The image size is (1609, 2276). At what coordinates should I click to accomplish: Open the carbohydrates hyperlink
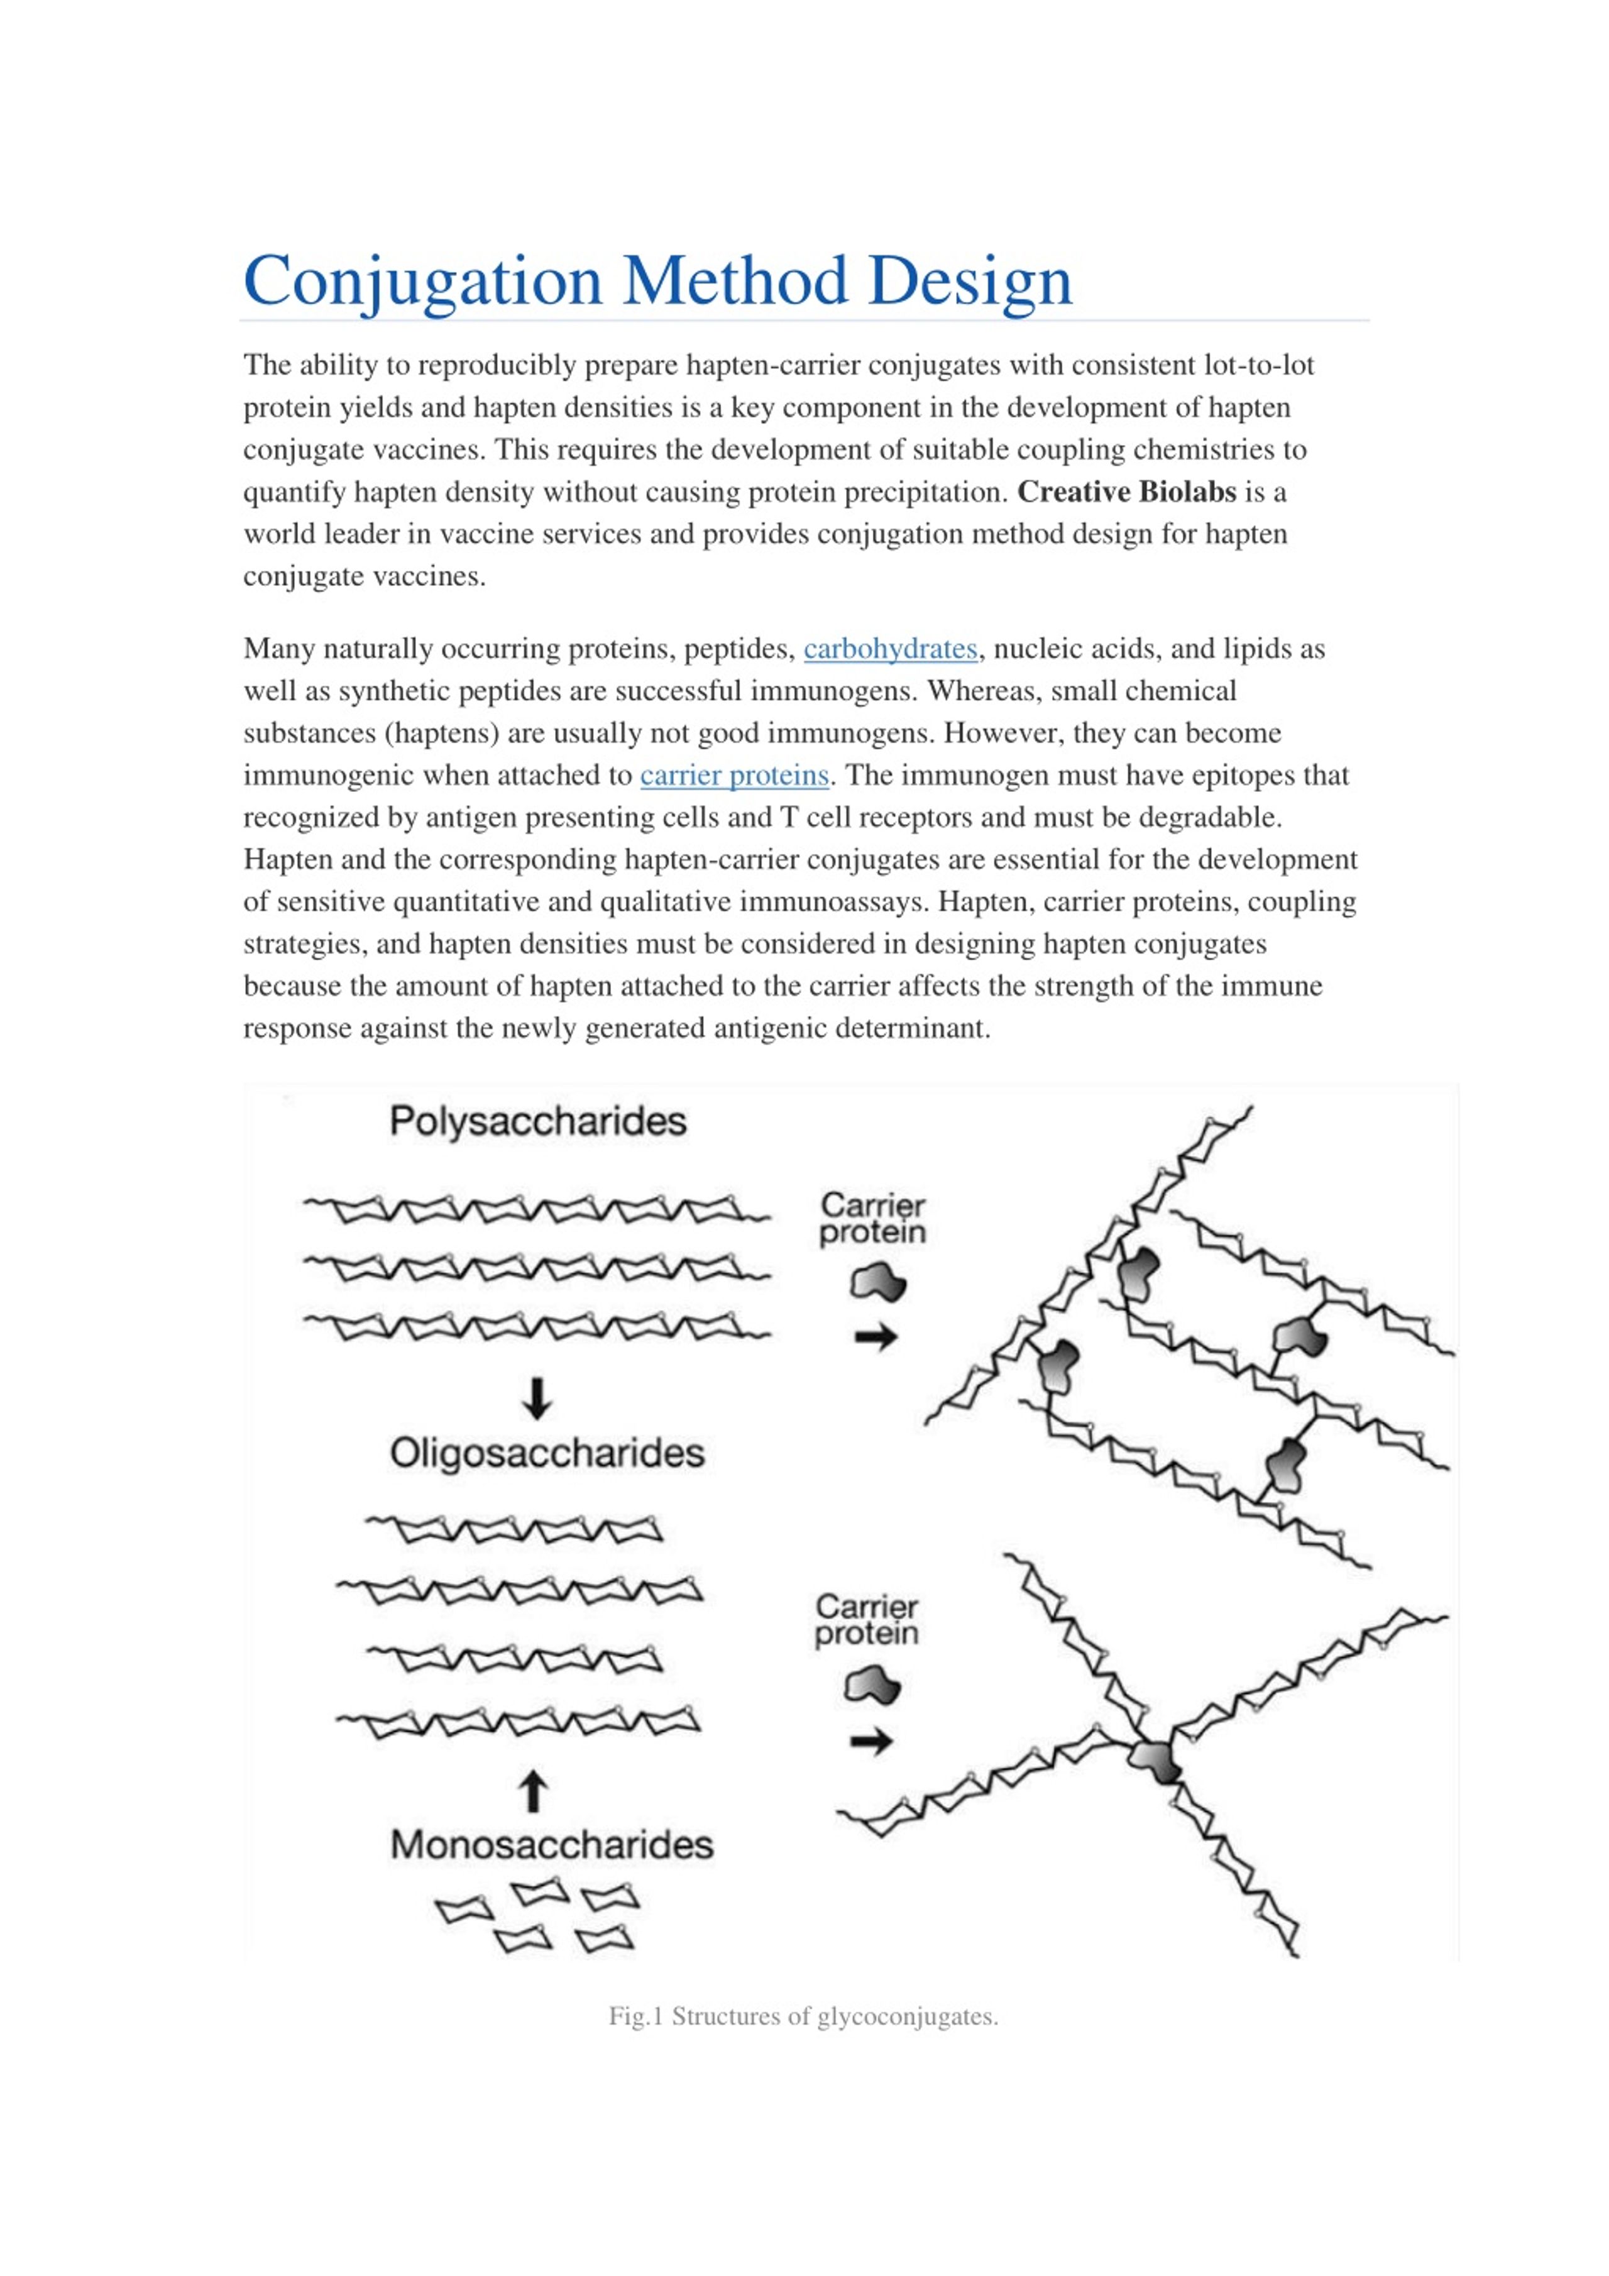pos(890,649)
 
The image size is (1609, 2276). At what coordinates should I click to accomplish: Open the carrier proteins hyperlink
pos(733,775)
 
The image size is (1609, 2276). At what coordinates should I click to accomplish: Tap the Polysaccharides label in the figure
pos(537,1122)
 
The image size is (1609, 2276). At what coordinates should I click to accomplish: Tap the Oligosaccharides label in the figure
pos(546,1454)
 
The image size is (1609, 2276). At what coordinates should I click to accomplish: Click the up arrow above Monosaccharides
pos(534,1792)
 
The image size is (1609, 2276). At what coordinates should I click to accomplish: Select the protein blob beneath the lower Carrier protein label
pos(871,1686)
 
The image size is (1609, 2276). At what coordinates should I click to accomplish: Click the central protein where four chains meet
pos(1155,1761)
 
